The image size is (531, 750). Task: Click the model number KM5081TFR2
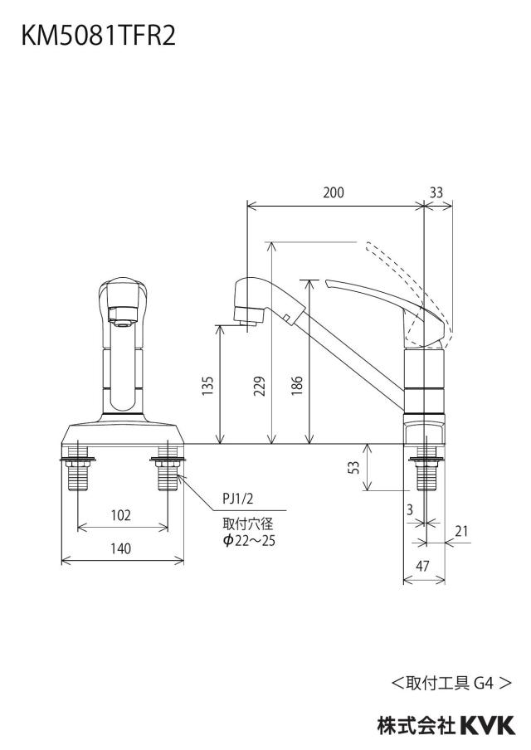[98, 36]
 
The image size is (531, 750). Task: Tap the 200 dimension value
[334, 192]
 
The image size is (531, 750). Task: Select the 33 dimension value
[436, 192]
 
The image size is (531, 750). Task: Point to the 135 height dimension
[207, 386]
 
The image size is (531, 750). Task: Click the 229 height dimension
[259, 386]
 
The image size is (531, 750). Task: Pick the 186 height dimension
[297, 386]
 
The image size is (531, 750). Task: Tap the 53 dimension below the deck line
[353, 467]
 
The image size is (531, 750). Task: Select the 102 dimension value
[120, 515]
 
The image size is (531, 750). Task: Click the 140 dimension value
[120, 548]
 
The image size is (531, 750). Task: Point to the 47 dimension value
[422, 566]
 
